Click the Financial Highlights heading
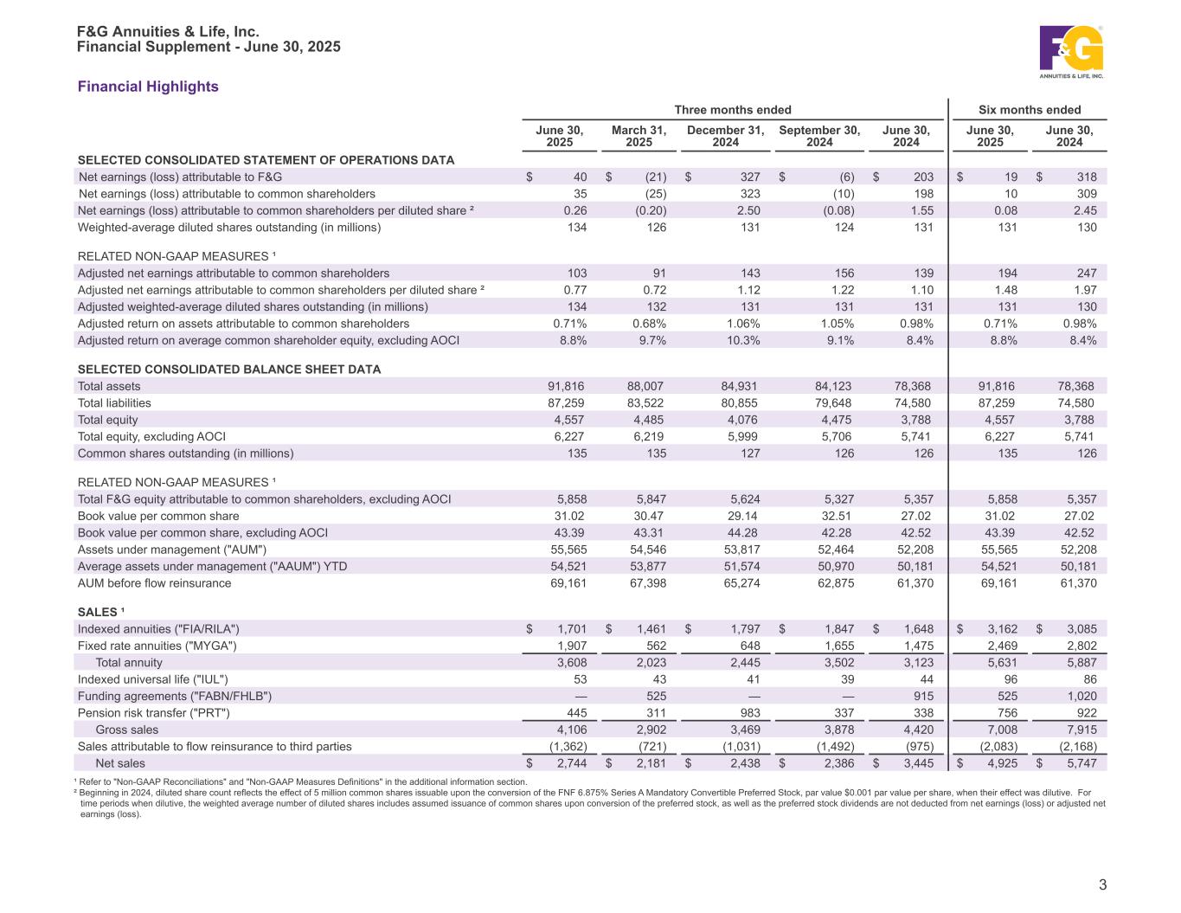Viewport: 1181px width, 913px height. point(148,87)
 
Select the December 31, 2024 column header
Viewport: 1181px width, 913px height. point(725,136)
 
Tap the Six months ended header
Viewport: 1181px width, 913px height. point(1030,110)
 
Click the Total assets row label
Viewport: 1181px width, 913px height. point(109,386)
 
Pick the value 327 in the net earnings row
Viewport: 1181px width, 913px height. point(749,177)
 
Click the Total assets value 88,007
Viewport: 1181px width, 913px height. point(646,386)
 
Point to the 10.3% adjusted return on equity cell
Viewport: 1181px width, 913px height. point(745,340)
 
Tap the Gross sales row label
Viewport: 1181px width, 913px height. point(127,730)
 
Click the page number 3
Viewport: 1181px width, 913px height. point(1102,884)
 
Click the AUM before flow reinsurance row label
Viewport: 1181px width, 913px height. point(155,583)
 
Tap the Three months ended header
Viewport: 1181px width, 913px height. point(733,110)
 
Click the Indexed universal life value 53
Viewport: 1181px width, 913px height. point(579,679)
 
